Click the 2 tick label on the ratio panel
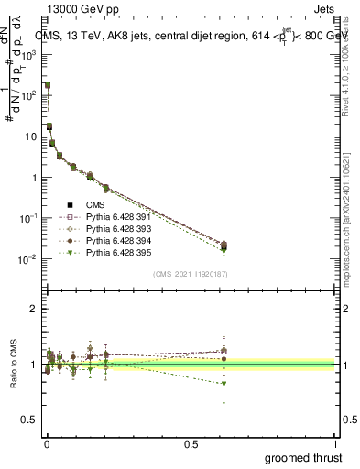click(x=33, y=309)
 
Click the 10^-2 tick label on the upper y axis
click(x=27, y=259)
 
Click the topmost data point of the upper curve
click(x=47, y=84)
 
